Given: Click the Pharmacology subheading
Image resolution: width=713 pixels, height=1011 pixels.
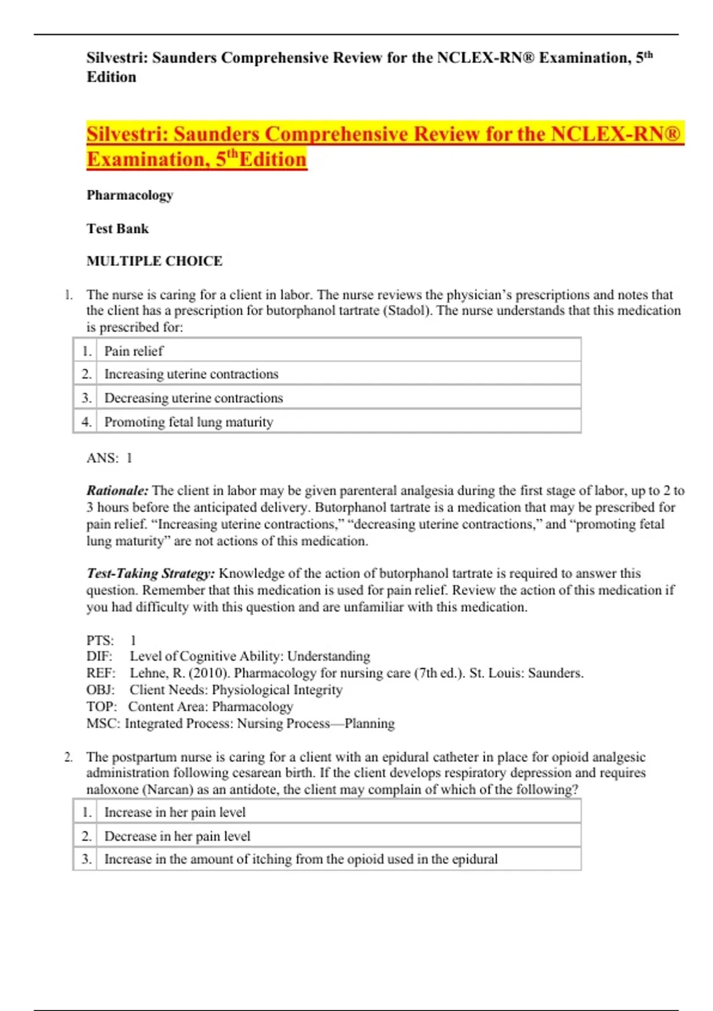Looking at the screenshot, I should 130,195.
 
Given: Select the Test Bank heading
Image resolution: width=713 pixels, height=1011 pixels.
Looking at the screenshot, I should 118,228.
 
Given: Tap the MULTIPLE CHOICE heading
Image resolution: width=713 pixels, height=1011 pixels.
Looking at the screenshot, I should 154,260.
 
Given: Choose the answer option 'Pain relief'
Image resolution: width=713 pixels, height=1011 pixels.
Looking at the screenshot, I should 134,351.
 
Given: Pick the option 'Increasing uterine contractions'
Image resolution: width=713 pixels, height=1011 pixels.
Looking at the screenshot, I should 191,374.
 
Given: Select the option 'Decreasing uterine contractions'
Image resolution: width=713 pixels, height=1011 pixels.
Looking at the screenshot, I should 194,398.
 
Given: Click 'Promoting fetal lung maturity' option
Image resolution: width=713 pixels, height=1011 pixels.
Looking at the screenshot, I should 189,422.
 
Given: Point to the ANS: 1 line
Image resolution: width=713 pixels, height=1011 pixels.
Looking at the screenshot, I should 109,458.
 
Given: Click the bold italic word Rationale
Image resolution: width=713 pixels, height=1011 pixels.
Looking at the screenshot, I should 117,491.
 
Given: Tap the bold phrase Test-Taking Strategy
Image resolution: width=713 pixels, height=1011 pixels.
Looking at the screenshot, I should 151,573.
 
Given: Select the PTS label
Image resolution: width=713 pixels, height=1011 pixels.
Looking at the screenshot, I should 100,640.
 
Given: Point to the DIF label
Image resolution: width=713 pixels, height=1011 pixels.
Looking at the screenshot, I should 99,656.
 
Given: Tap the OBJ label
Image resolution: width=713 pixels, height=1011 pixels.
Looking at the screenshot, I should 100,690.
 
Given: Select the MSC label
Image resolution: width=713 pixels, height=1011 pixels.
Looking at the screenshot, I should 103,723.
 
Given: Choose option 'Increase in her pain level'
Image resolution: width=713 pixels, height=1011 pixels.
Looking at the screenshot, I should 175,812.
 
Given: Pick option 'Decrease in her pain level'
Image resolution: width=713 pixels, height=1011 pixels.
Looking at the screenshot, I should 177,836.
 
